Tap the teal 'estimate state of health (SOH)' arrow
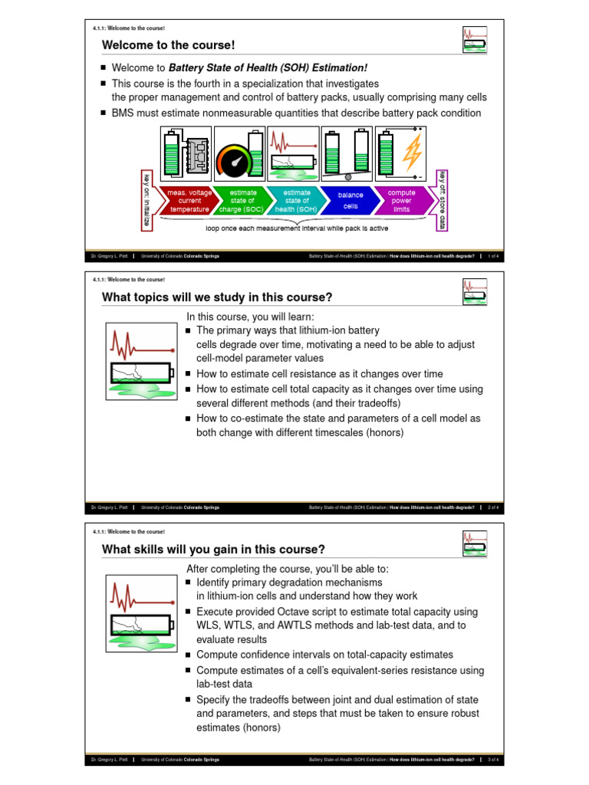pos(296,201)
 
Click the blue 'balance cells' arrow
pos(350,201)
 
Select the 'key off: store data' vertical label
pos(442,199)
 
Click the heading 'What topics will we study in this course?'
pos(217,297)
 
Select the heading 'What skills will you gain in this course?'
pos(213,549)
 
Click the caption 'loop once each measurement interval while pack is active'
pos(297,228)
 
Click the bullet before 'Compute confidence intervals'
pos(189,655)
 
